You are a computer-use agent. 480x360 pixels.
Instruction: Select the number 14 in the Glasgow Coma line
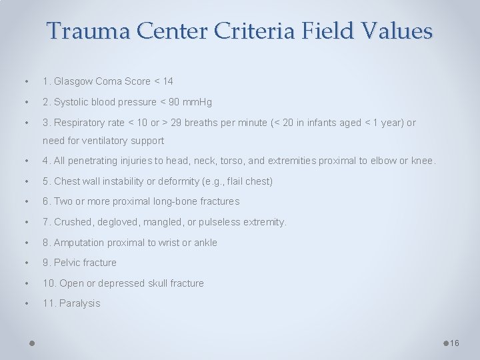click(167, 81)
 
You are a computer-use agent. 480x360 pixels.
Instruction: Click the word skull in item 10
click(157, 283)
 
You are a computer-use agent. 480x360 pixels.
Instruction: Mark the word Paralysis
click(80, 303)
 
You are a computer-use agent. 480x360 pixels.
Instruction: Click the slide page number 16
click(455, 343)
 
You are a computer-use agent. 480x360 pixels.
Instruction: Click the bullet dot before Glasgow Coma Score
click(25, 81)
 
